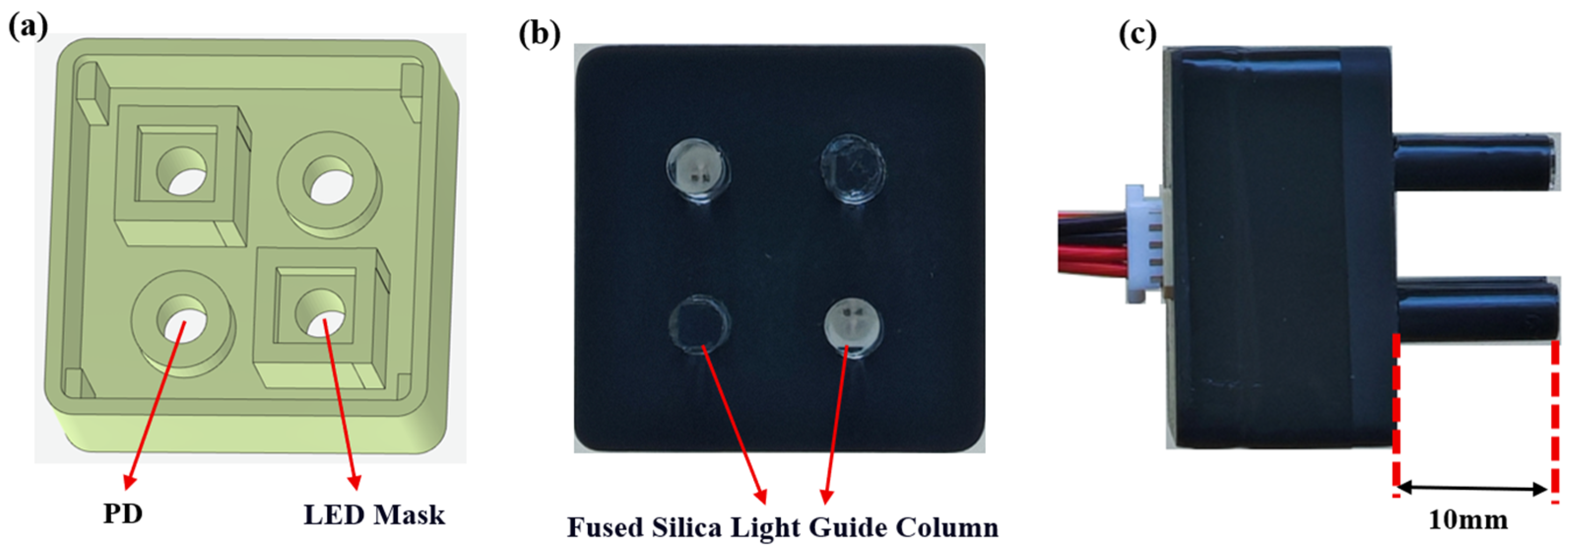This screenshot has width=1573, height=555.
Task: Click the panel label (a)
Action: tap(28, 28)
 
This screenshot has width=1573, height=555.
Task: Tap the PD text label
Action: tap(123, 514)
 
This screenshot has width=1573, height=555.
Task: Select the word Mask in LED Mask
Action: tap(410, 515)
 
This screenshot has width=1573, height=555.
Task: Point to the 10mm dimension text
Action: tap(1467, 520)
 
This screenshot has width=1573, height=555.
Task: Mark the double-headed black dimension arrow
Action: tap(1472, 488)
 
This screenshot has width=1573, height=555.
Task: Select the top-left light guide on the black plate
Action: tap(697, 171)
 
